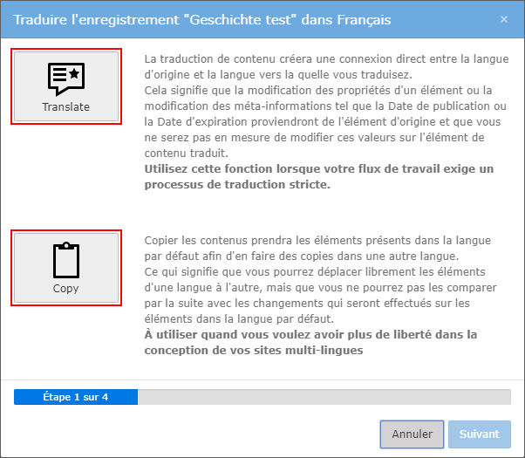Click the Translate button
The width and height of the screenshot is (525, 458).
tap(66, 86)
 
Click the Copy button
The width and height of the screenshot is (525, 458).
tap(66, 268)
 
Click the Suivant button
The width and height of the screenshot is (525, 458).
tap(480, 434)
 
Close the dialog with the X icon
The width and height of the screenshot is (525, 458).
tap(504, 19)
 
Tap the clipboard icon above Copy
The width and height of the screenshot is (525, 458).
tap(66, 260)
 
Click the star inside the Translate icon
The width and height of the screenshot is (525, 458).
tap(74, 73)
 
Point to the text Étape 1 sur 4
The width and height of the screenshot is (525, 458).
tap(76, 397)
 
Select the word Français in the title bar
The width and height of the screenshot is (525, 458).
tap(364, 20)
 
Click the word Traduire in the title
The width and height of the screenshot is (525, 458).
tap(40, 20)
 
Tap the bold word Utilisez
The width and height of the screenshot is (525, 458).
tap(166, 169)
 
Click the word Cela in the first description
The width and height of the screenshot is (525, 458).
tap(156, 91)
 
